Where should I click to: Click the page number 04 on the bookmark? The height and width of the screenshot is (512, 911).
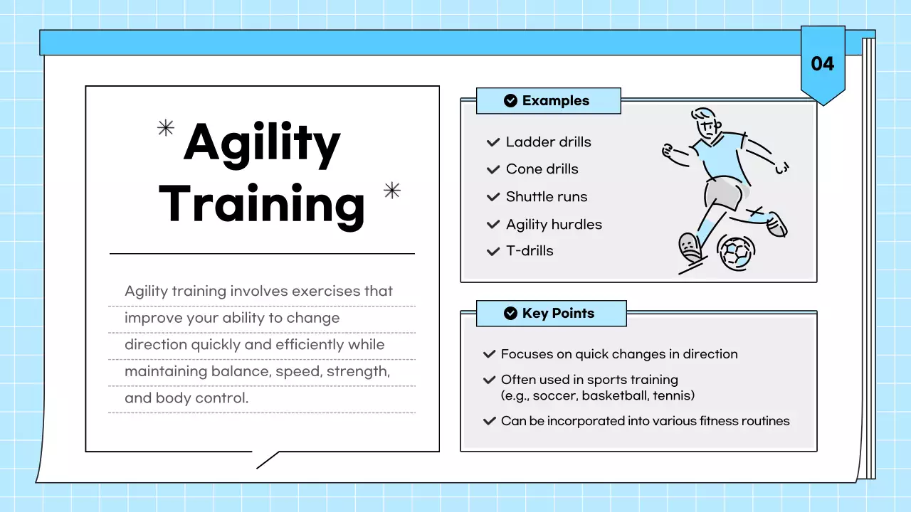pos(822,64)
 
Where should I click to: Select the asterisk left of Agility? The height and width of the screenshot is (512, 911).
pos(165,128)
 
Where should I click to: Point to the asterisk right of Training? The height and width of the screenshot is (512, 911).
pos(392,190)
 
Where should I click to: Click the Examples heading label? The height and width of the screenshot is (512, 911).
pos(555,101)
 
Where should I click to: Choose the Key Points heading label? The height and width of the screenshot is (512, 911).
pos(558,314)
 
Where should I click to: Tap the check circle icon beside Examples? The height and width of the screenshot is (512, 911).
pos(510,101)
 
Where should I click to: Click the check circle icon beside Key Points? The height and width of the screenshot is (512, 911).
pos(510,314)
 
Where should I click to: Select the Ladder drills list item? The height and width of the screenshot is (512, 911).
pos(548,142)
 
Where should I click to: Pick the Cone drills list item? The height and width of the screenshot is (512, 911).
pos(542,169)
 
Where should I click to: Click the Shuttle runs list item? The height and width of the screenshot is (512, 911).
pos(546,197)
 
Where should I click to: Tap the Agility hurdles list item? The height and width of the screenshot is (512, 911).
pos(554,225)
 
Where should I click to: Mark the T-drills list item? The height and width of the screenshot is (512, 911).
pos(530,251)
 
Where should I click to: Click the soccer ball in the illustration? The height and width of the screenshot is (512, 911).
pos(736,252)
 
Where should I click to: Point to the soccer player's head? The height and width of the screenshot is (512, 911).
pos(707,125)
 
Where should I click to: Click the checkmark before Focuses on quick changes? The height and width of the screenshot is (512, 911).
pos(489,354)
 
